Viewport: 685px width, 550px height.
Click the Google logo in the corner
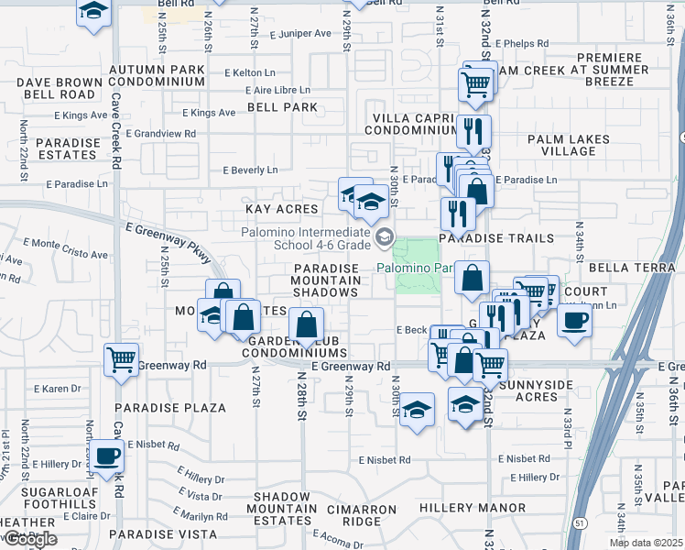click(29, 539)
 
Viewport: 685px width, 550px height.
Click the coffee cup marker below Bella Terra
click(574, 320)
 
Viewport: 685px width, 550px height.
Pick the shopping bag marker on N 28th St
click(306, 324)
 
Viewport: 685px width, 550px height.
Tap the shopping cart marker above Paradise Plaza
click(121, 359)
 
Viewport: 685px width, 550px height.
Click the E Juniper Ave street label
click(300, 34)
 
